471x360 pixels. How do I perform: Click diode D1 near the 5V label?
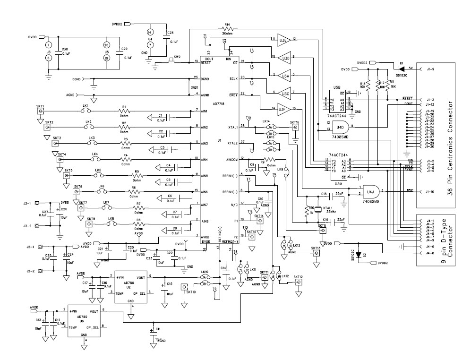401,69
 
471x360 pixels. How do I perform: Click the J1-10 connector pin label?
429,192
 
